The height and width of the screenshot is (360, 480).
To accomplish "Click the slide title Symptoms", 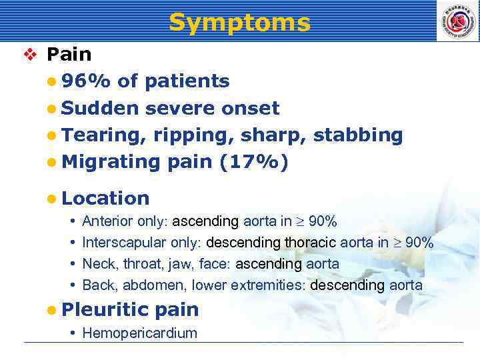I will click(239, 23).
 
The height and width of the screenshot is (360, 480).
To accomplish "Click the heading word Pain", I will click(69, 54).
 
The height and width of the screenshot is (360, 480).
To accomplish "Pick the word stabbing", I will click(358, 135).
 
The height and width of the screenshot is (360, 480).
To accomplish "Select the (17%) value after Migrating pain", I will click(253, 162).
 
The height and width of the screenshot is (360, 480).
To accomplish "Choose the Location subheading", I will click(105, 198).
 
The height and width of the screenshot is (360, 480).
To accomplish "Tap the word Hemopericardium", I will click(139, 333).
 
